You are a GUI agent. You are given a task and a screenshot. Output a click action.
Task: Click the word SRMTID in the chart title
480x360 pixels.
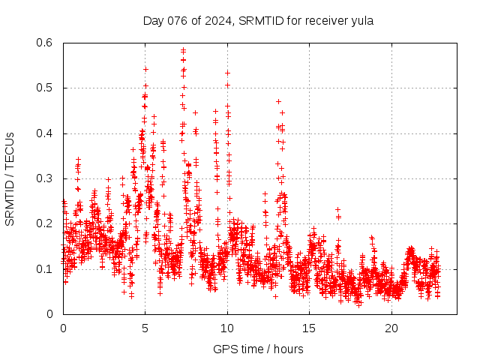point(259,20)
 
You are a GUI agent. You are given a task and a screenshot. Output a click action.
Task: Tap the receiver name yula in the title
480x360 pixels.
point(361,20)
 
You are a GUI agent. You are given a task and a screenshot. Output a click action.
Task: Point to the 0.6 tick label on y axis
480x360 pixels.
point(46,43)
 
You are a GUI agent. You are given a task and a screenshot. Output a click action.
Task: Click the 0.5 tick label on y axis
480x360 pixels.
point(46,88)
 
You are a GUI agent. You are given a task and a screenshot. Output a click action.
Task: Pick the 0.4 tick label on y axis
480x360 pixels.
point(46,133)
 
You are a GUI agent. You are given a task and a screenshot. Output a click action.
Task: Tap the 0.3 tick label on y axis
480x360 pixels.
point(46,178)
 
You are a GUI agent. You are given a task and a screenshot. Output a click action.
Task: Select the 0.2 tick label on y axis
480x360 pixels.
point(46,223)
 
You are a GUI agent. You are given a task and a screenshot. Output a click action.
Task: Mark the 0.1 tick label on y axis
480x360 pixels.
point(46,268)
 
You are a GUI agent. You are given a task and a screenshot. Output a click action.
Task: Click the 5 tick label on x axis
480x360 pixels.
point(145,328)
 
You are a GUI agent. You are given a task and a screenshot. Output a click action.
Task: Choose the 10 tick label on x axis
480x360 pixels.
point(227,328)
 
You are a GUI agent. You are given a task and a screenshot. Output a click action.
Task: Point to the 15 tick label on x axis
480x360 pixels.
point(309,328)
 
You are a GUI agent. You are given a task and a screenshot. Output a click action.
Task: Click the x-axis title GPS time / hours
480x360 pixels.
point(258,349)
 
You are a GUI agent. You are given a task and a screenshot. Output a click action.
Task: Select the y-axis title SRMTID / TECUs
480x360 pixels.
point(10,178)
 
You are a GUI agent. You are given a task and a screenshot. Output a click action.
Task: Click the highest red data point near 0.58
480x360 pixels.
point(183,50)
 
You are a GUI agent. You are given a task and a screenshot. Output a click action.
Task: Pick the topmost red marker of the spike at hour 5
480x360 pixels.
point(145,69)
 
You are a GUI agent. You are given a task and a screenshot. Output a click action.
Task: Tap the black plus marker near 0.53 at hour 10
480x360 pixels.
point(227,73)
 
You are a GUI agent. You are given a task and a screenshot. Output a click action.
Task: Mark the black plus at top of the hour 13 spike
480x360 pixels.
point(278,101)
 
